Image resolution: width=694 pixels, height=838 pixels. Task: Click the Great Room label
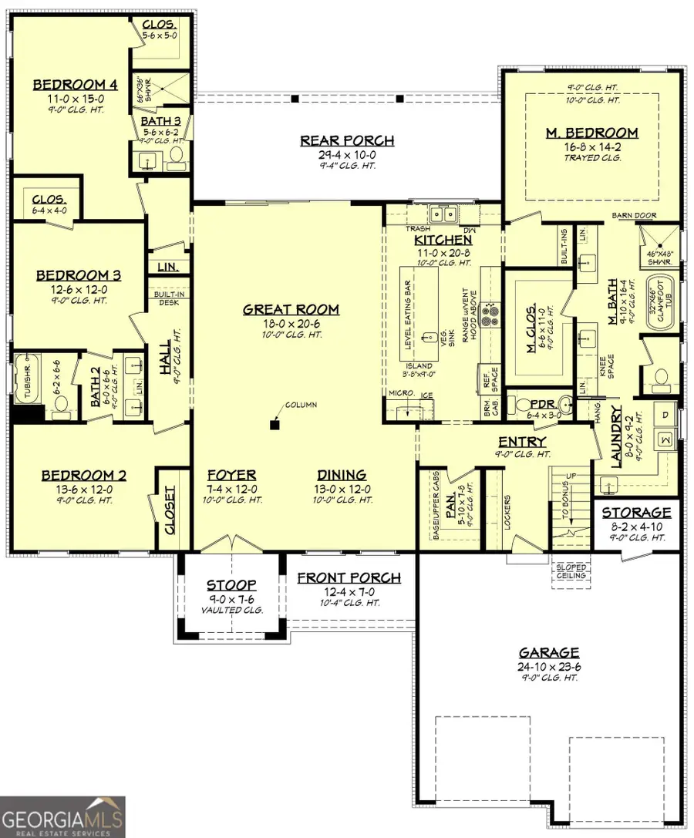click(x=291, y=309)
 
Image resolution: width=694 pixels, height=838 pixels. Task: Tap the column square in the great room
click(x=275, y=424)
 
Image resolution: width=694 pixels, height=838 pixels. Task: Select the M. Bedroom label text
click(x=591, y=133)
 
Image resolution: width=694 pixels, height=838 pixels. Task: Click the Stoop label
click(x=231, y=585)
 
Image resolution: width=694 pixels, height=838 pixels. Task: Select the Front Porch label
click(x=349, y=577)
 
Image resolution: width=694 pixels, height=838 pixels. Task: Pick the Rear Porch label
click(x=347, y=140)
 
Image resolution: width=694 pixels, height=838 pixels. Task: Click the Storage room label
click(x=636, y=513)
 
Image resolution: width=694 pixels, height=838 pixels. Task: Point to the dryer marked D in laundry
click(x=665, y=416)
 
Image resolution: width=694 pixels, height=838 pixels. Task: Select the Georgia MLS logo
click(x=62, y=816)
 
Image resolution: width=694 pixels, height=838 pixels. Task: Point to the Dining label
click(x=342, y=475)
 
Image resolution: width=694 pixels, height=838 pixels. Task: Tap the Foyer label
click(x=232, y=475)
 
